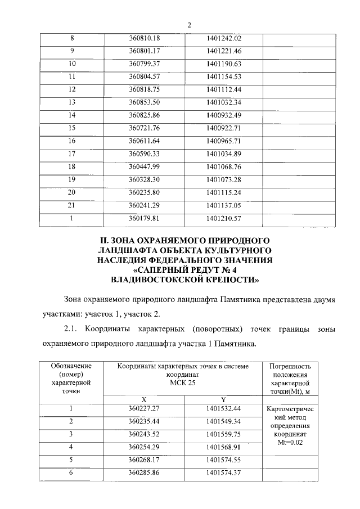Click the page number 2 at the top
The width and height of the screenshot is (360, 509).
tap(189, 25)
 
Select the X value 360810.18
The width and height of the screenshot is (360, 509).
tap(145, 38)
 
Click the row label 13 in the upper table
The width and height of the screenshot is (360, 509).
tap(71, 102)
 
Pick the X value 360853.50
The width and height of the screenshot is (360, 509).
tap(145, 102)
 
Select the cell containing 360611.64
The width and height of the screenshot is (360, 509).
tap(145, 140)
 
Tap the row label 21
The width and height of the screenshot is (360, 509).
tap(71, 205)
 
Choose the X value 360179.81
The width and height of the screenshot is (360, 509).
tap(145, 218)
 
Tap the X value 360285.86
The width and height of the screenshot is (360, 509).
tap(145, 473)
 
